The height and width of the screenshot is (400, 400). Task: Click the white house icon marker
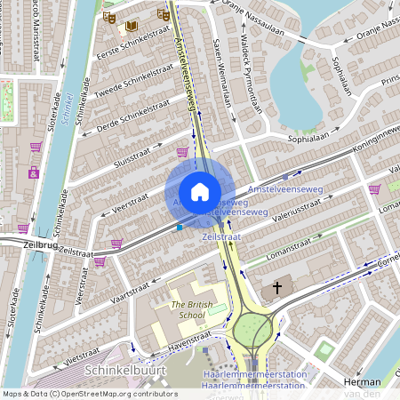(200, 191)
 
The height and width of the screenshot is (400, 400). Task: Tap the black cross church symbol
(277, 289)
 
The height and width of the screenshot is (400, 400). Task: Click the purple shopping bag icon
(34, 172)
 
